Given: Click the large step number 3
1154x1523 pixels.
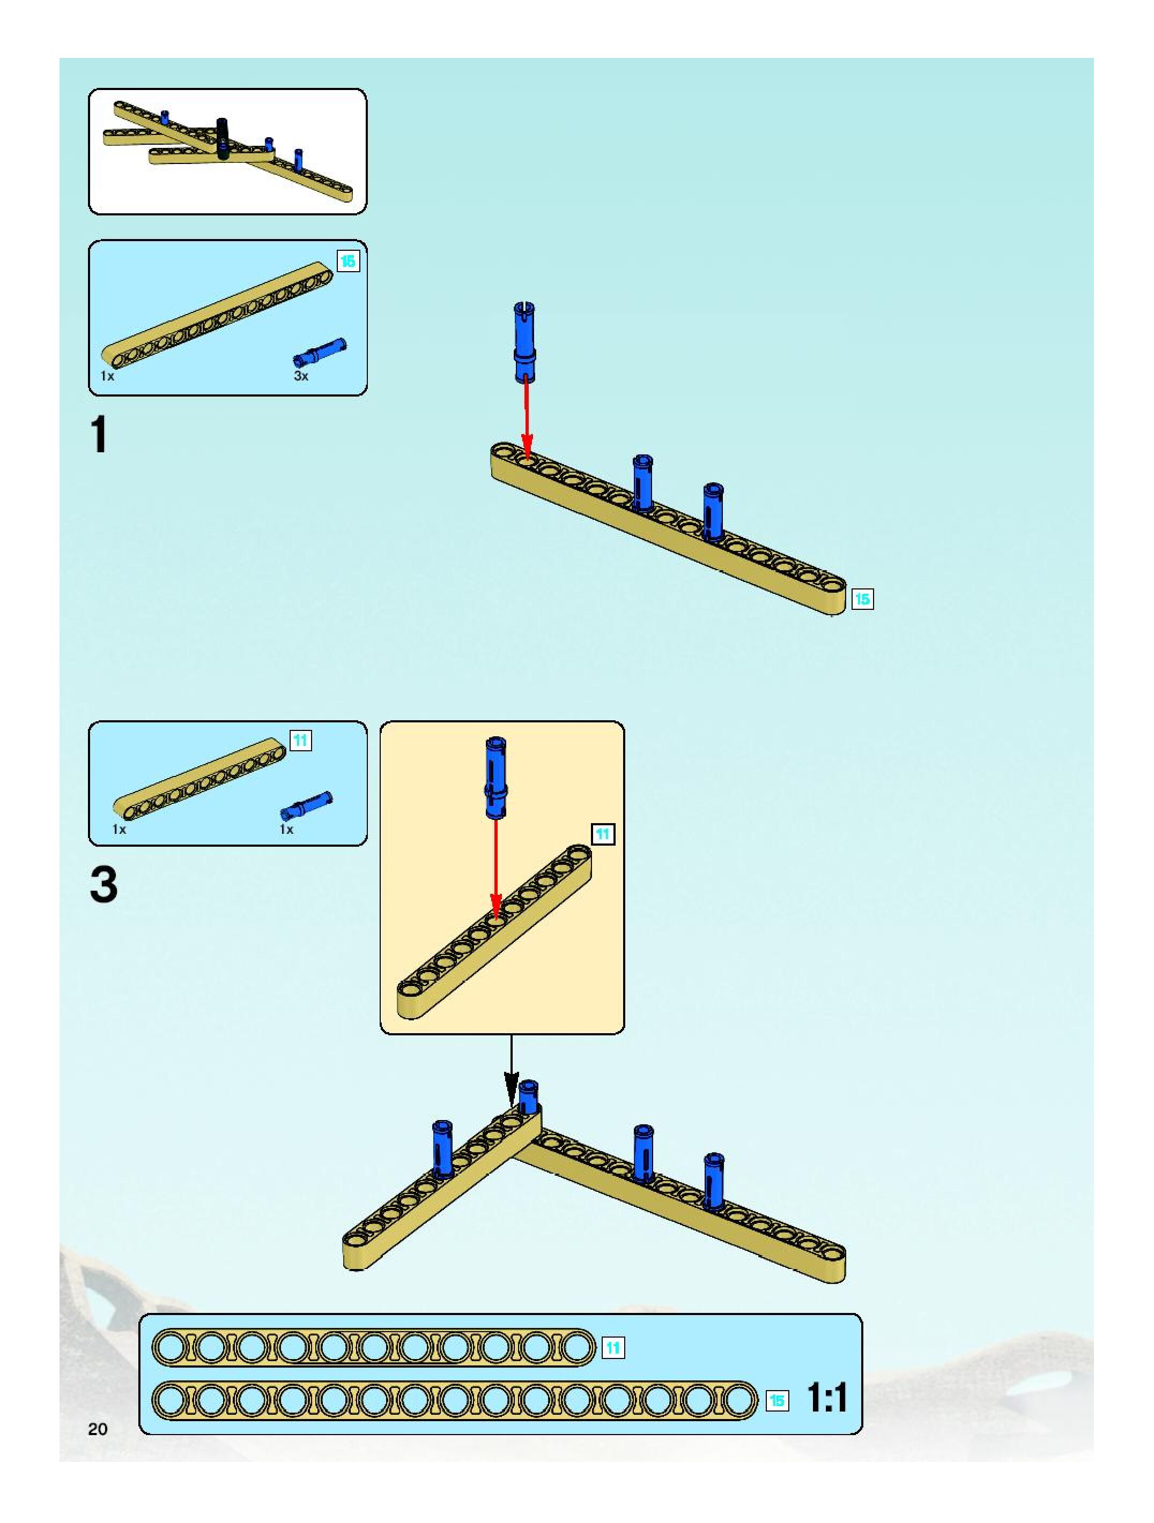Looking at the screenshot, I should pos(103,885).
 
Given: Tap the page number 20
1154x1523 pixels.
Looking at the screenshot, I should pos(98,1429).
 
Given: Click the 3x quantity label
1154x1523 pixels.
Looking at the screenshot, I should pos(301,376).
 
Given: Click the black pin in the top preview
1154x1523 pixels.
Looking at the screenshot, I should pos(223,138).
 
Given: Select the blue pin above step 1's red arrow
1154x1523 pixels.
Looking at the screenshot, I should pos(525,341).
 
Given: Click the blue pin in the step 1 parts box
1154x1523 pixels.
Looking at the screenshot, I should pos(320,352).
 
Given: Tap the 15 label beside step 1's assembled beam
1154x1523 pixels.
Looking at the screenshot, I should pos(862,599).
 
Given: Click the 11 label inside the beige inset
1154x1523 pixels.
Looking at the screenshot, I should pos(603,834).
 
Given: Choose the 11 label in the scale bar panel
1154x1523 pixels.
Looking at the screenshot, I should pos(613,1347).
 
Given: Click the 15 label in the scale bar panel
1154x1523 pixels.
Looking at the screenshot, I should pos(777,1400).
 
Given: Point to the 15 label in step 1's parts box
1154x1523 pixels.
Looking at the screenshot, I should pos(348,261).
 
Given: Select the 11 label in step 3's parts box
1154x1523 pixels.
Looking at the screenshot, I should pos(300,741).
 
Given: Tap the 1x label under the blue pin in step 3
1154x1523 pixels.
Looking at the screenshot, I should pos(286,830).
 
